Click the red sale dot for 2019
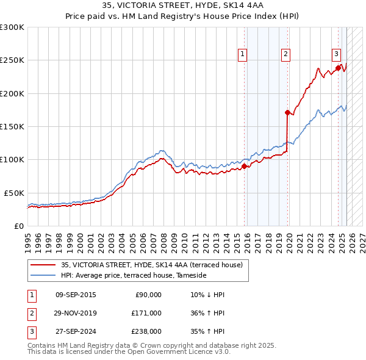287,112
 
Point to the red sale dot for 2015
244,166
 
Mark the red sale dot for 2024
338,68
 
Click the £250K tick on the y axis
12,60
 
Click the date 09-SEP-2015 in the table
75,295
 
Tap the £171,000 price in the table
146,313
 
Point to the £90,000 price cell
148,295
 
